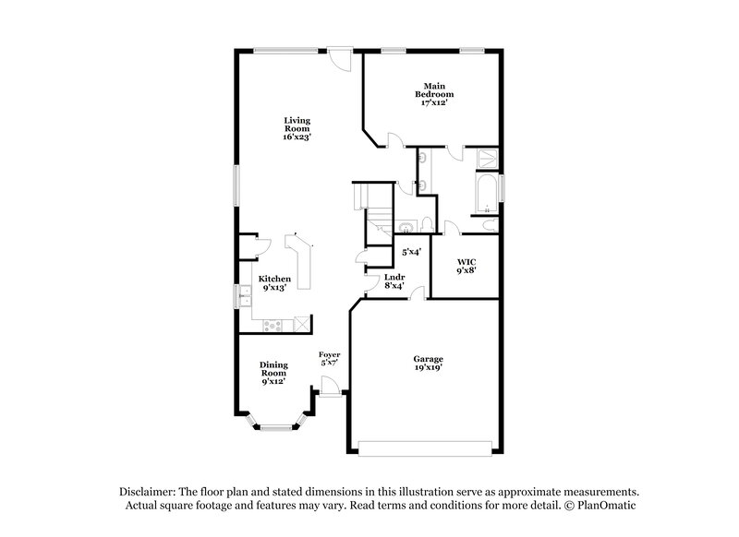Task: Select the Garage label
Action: point(428,359)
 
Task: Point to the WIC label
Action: point(466,263)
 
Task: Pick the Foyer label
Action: point(329,355)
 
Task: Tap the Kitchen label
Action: point(274,280)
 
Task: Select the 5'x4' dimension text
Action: point(411,252)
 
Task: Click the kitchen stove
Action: point(273,324)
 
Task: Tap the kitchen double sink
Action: point(246,296)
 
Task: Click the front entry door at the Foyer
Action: point(330,398)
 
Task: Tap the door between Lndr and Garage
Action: point(418,293)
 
